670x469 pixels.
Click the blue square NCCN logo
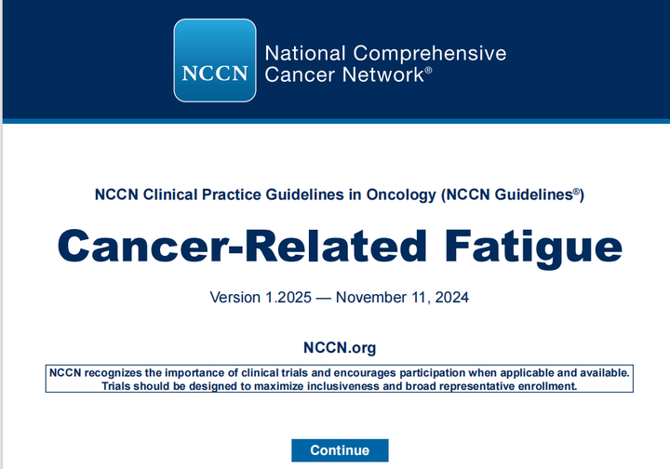(215, 60)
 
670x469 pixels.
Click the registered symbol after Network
(428, 70)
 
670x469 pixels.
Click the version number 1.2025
(288, 298)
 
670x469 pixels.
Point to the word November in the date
(370, 298)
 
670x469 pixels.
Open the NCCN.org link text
(340, 348)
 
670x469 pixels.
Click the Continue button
(340, 450)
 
